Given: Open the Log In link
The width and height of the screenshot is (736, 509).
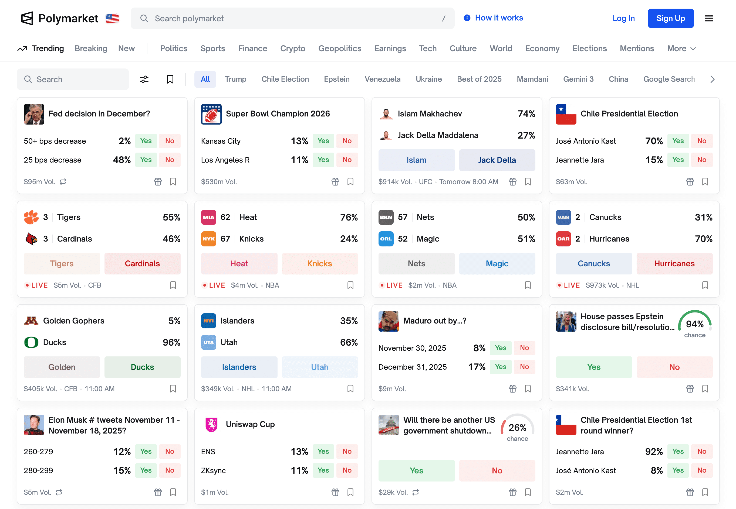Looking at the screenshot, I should pyautogui.click(x=623, y=19).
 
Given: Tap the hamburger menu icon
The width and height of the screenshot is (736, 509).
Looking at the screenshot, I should pyautogui.click(x=708, y=19).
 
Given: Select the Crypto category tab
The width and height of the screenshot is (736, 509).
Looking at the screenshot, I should pyautogui.click(x=292, y=49).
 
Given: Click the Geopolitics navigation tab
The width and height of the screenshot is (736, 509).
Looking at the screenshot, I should pyautogui.click(x=339, y=49).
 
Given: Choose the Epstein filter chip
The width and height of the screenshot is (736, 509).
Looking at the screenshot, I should pyautogui.click(x=337, y=79).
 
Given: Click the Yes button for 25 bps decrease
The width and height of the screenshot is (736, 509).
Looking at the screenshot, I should pyautogui.click(x=146, y=160).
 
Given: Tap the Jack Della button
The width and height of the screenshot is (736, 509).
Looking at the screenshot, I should pyautogui.click(x=497, y=160).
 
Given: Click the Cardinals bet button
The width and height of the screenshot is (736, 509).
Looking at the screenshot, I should pyautogui.click(x=142, y=264).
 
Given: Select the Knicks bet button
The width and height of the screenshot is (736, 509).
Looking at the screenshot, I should pyautogui.click(x=319, y=264).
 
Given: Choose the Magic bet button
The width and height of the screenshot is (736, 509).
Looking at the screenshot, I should pyautogui.click(x=497, y=264).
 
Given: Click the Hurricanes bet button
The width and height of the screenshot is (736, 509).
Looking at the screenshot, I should pyautogui.click(x=674, y=264).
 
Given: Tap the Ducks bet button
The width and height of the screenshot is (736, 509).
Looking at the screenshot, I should pyautogui.click(x=142, y=367).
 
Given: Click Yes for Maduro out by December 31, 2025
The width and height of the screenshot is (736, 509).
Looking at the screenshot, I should pyautogui.click(x=500, y=367).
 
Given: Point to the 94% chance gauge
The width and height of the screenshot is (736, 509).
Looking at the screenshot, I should pyautogui.click(x=694, y=324).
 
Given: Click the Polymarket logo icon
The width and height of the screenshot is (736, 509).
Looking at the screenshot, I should pyautogui.click(x=27, y=19).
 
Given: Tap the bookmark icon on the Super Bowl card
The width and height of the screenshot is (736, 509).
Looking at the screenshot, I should pyautogui.click(x=350, y=182).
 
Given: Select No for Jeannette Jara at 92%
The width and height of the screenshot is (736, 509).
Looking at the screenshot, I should pyautogui.click(x=701, y=452).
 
